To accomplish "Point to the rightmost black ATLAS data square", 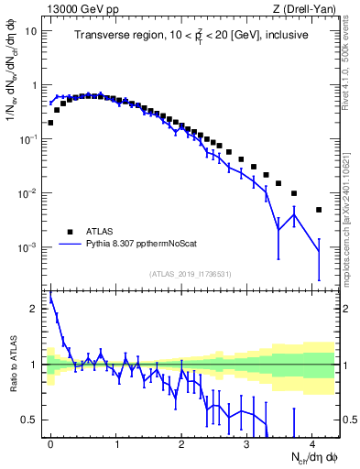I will click(x=319, y=210).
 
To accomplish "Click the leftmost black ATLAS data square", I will click(x=50, y=122).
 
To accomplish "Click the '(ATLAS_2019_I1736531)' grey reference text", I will click(x=191, y=274).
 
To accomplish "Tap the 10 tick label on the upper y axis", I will click(x=31, y=30).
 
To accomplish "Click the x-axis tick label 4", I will click(x=312, y=442).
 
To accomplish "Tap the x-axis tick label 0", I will click(x=50, y=442).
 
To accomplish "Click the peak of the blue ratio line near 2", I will click(x=50, y=296).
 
